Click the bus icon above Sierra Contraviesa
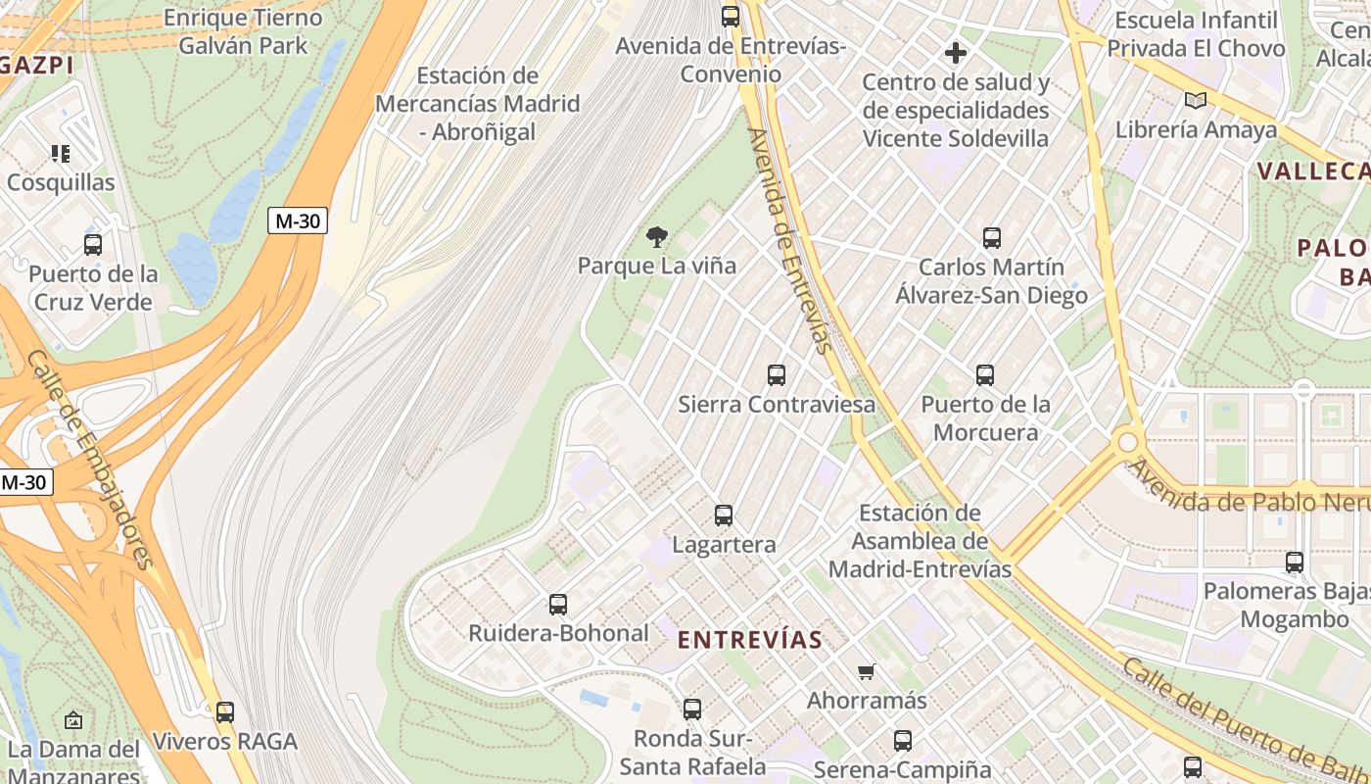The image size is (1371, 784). (x=777, y=374)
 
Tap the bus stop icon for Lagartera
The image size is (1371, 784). (x=724, y=514)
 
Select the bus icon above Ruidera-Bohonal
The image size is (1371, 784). (x=558, y=604)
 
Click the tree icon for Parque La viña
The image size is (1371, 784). (x=657, y=235)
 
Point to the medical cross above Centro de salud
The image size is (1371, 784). (x=956, y=52)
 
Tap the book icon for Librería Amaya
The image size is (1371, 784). (x=1195, y=100)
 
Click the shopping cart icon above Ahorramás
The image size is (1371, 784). (x=866, y=671)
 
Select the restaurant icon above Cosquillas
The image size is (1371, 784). (x=61, y=153)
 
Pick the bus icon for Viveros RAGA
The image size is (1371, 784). (x=225, y=711)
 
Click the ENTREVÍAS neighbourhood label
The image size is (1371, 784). (x=750, y=640)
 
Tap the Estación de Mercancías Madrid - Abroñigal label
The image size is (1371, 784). (x=477, y=104)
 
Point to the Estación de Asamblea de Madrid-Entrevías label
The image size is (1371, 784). (x=920, y=541)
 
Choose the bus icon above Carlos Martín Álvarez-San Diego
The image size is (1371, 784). (x=991, y=237)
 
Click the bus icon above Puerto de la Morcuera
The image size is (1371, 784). (x=985, y=374)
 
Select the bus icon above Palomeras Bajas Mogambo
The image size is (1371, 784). (x=1295, y=562)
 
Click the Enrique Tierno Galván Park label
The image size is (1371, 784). (x=243, y=31)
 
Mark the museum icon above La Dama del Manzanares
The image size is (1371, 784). (x=73, y=720)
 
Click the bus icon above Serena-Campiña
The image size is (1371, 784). (x=903, y=740)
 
